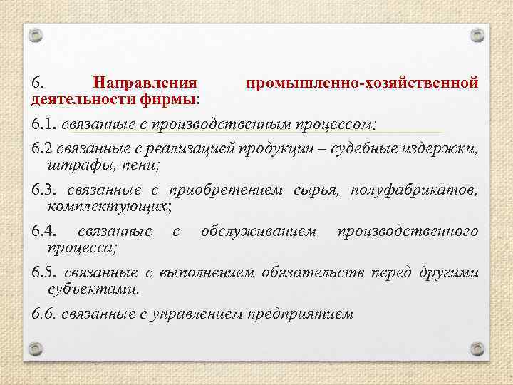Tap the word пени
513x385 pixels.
[x=141, y=165]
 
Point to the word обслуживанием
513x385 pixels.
[x=259, y=232]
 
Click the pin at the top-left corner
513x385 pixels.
[x=35, y=34]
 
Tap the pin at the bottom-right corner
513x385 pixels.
[x=478, y=348]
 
